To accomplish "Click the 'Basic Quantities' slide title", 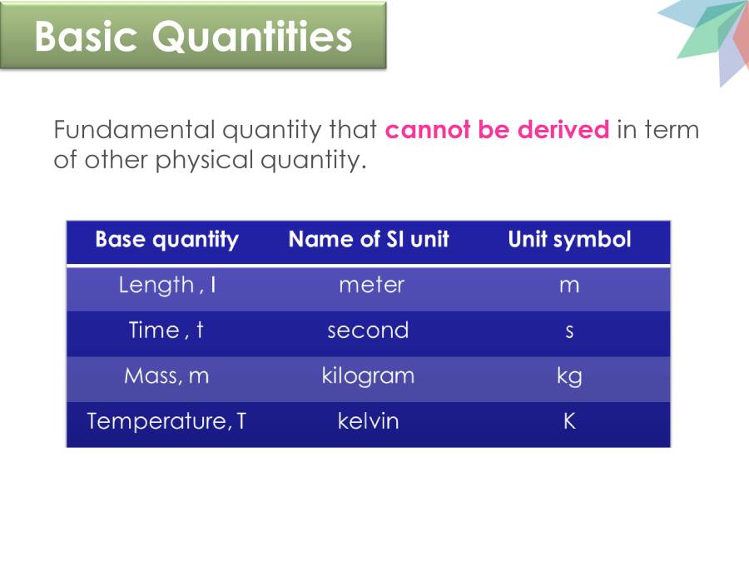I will point(193,37).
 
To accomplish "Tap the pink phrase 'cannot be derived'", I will point(497,131).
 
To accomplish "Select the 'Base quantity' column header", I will point(166,241).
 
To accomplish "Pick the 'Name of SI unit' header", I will point(369,241).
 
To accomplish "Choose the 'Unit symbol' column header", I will point(569,241).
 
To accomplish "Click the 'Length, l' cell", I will point(166,286).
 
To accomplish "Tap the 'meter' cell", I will point(371,286).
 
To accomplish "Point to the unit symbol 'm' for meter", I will point(569,286).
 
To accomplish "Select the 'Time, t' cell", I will point(166,331).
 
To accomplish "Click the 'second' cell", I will point(368,331).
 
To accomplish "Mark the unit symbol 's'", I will point(569,331).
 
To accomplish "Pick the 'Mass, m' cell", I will point(166,376).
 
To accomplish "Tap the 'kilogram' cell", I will point(368,376).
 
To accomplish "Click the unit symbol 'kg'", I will point(569,377).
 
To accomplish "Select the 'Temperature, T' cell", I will point(166,421).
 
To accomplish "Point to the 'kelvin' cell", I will point(368,421).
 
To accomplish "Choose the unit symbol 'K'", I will point(569,421).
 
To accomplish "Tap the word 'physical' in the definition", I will point(201,160).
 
